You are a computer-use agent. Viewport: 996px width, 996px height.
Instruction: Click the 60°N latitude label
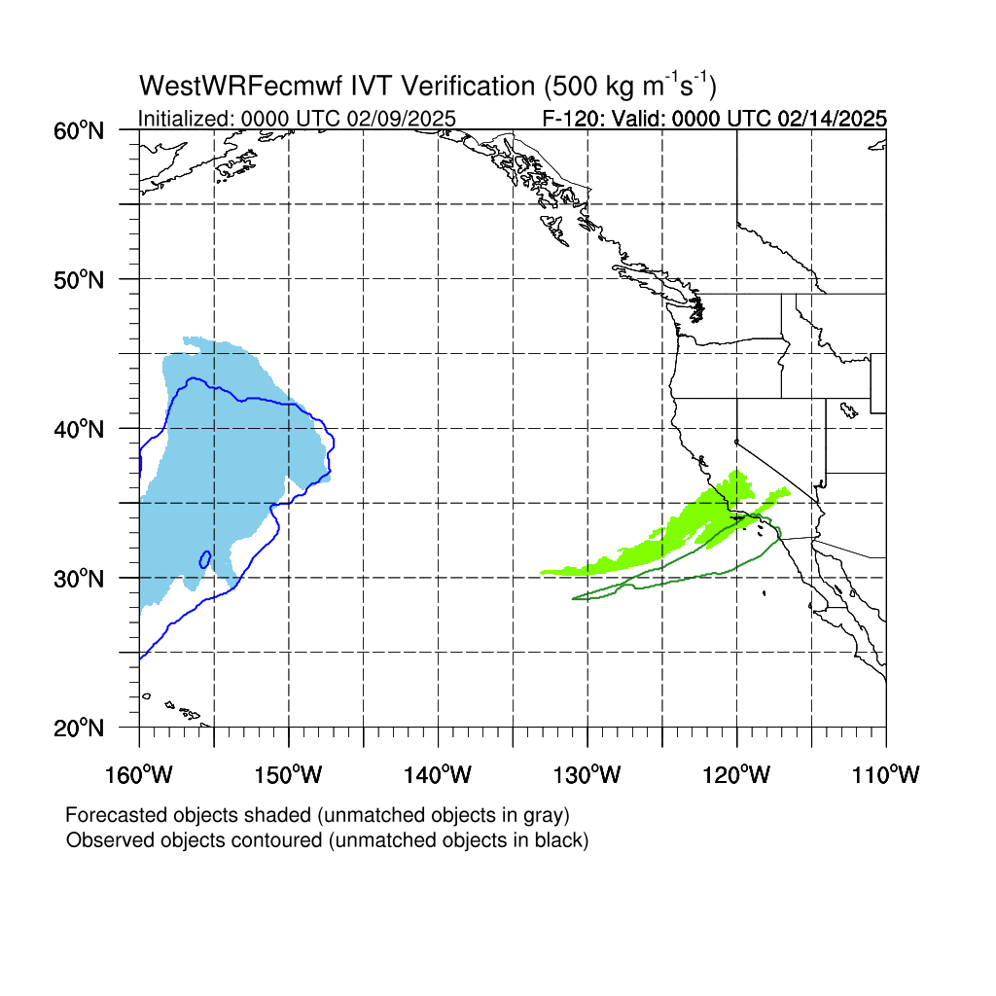(79, 131)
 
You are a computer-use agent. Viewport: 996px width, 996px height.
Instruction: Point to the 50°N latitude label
(79, 279)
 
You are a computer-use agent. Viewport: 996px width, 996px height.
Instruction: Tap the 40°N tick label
(79, 429)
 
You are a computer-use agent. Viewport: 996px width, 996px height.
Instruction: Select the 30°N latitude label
(79, 579)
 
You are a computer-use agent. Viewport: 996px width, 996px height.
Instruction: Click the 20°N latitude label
(79, 728)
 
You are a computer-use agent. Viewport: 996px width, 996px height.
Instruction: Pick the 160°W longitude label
(138, 774)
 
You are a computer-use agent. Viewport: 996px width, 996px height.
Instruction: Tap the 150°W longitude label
(288, 774)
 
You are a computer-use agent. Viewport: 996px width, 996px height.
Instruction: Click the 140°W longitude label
(438, 774)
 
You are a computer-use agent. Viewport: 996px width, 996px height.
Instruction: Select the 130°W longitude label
(587, 774)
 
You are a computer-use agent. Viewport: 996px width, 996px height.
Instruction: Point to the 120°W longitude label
(737, 774)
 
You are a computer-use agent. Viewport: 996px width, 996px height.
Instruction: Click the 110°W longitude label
(886, 774)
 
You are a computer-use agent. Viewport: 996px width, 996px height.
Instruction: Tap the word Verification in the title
(469, 86)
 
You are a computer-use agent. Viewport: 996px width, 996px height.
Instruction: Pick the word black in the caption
(561, 840)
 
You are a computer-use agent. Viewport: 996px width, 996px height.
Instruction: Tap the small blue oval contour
(205, 559)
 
